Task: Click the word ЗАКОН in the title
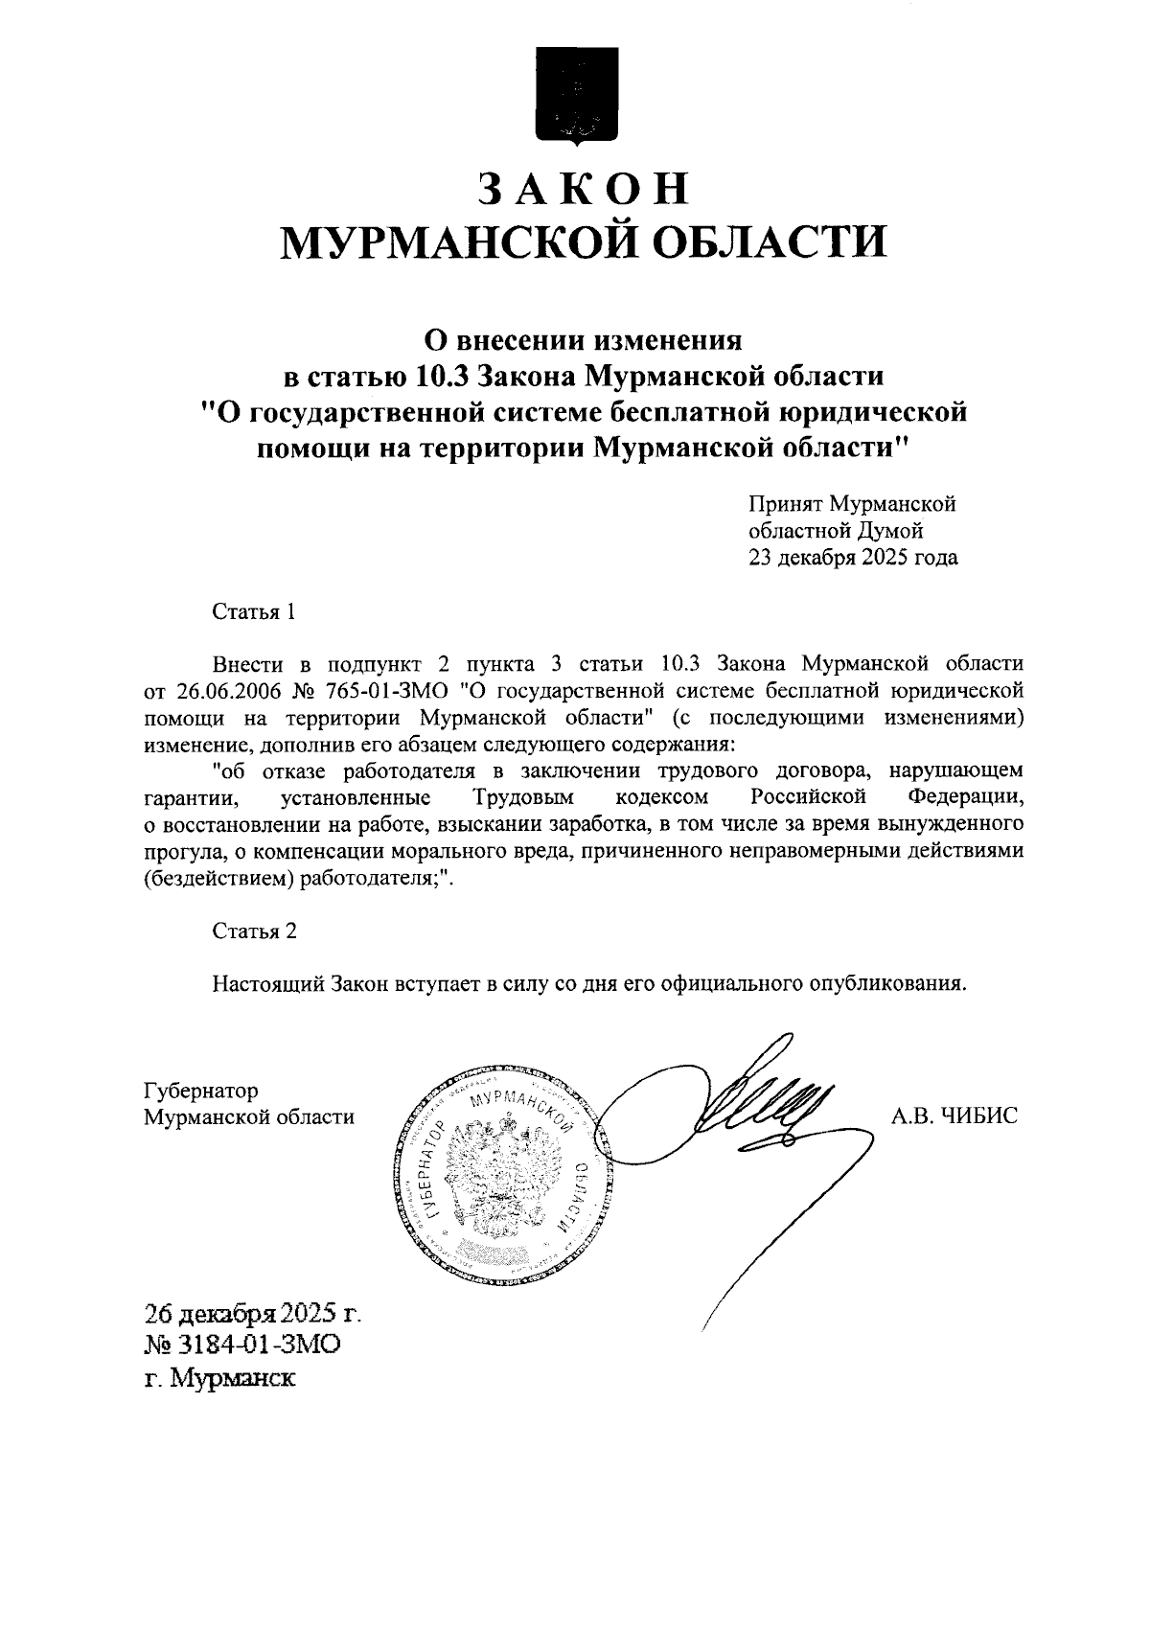[584, 189]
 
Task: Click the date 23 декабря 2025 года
[852, 557]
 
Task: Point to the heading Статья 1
[253, 612]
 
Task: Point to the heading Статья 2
[254, 931]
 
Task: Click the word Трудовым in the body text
[523, 797]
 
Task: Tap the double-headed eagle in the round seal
[497, 1175]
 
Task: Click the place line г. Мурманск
[219, 1379]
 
